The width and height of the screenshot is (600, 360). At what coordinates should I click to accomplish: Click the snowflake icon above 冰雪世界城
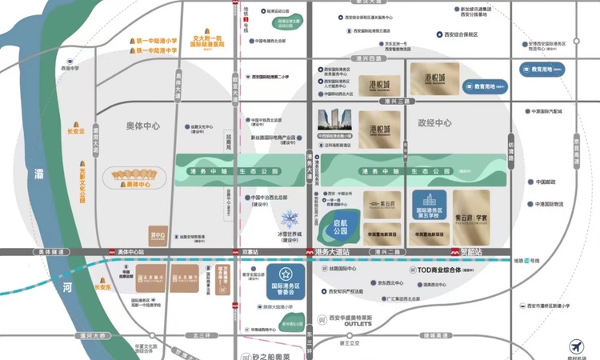pos(288,218)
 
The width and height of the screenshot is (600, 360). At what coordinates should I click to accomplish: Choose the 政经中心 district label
pos(434,123)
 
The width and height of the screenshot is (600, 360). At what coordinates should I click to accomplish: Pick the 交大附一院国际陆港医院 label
pos(206,41)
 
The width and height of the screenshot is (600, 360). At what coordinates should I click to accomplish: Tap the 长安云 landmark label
pos(74,130)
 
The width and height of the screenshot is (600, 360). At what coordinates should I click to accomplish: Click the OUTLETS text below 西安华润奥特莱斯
pos(359,323)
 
